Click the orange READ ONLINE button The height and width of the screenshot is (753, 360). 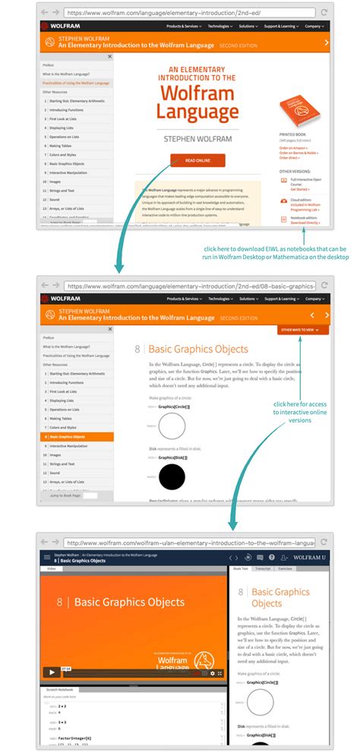point(197,160)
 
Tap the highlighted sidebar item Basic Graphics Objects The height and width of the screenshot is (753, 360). point(77,437)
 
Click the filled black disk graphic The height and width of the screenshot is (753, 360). point(172,476)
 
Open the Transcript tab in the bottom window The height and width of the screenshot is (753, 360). point(263,568)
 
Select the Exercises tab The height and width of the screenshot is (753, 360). point(286,568)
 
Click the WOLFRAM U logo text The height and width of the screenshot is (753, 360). point(309,558)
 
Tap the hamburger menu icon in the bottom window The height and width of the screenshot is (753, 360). point(47,558)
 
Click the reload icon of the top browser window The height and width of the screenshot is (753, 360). point(324,13)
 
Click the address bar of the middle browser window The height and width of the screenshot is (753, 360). point(190,286)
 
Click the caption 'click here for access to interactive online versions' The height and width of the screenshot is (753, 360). point(302,412)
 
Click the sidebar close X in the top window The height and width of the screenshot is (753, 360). point(109,56)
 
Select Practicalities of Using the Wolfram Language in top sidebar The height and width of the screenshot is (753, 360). point(76,83)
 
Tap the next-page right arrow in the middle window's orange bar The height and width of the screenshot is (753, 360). point(327,315)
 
